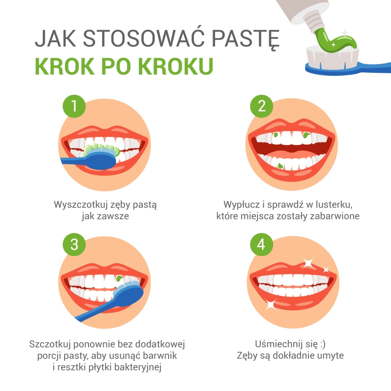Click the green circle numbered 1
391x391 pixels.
(74, 107)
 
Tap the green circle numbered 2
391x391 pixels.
(261, 107)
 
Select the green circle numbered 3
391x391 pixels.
(74, 244)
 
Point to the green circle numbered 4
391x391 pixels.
(261, 244)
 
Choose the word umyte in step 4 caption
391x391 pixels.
(330, 356)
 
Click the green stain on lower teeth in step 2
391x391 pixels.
(280, 166)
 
